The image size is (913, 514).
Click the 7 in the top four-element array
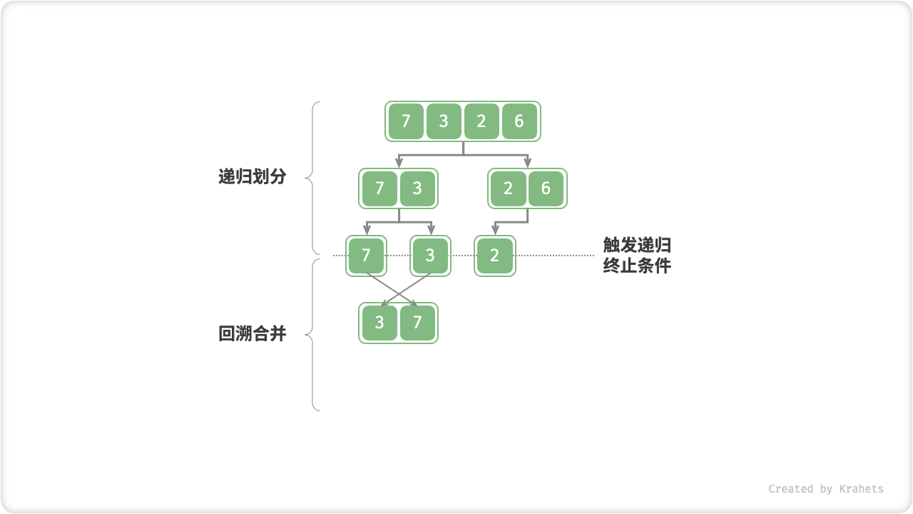[x=406, y=121]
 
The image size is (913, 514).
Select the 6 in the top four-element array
[x=519, y=121]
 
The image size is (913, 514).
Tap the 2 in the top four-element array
[x=481, y=121]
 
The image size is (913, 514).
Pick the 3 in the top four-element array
[x=444, y=121]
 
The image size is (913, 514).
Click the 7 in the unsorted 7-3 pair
[x=379, y=188]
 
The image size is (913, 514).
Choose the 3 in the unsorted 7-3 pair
[x=417, y=188]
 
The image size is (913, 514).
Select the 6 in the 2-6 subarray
[x=546, y=188]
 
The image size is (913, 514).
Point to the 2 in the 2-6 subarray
[x=508, y=188]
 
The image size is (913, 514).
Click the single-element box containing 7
[x=367, y=256]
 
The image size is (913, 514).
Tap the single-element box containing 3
[x=430, y=256]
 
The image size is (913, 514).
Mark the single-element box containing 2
[x=495, y=256]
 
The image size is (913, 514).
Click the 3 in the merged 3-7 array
[x=379, y=323]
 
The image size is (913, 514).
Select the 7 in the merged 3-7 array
[x=417, y=323]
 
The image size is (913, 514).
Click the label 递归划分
[x=252, y=177]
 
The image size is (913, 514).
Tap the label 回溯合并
[x=252, y=333]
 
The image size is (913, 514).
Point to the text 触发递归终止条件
[x=637, y=256]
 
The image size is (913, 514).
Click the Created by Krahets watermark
[x=825, y=489]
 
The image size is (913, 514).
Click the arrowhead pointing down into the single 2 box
[x=495, y=231]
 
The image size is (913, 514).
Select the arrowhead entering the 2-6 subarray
[x=527, y=163]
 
